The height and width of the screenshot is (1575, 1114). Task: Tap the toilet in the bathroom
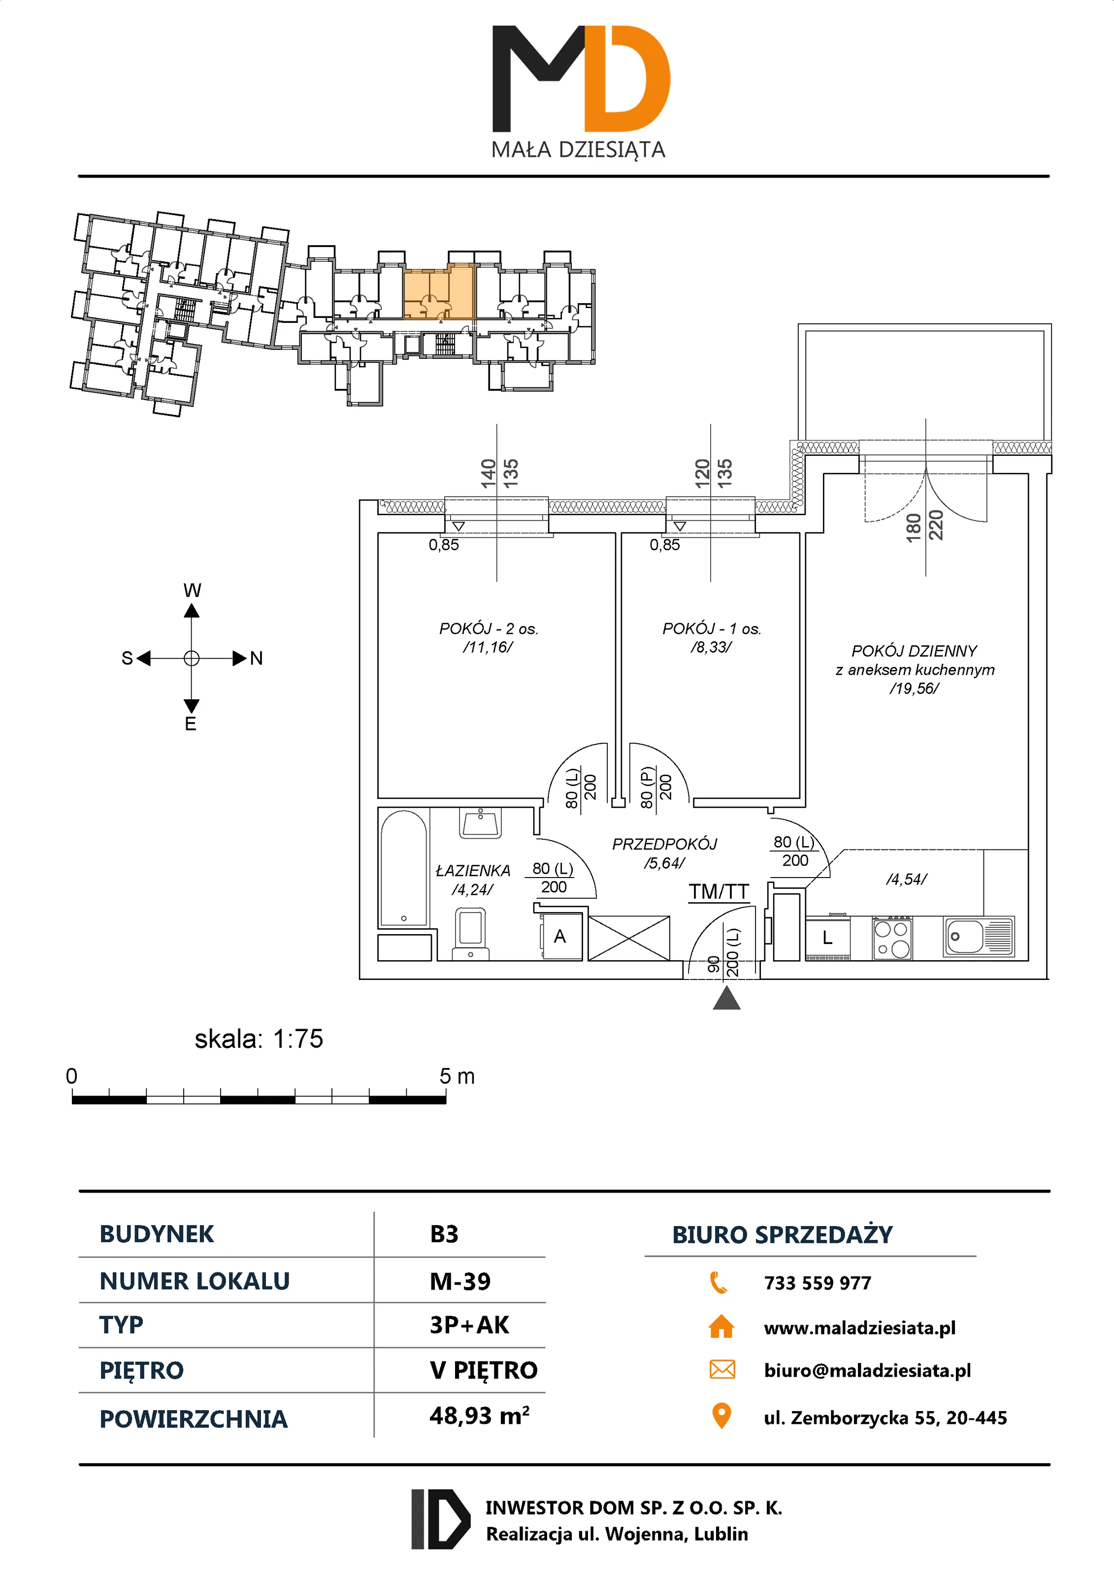pos(471,932)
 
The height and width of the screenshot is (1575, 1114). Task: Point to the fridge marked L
pos(828,938)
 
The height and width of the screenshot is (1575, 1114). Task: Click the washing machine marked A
pos(561,936)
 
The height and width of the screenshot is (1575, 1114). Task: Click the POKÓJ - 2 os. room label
pos(489,629)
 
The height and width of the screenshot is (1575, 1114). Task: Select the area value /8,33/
pos(711,647)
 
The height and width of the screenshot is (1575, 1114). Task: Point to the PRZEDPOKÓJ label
pos(664,844)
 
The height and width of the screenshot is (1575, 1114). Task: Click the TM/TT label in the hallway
pos(719,892)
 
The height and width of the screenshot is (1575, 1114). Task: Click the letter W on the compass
pos(192,590)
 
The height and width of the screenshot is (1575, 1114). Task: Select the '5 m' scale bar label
pos(457,1076)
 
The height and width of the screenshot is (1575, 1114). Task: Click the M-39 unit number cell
pos(460,1281)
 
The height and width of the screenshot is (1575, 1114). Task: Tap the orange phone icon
pos(719,1282)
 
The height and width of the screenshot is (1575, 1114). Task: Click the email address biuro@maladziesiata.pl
pos(867,1371)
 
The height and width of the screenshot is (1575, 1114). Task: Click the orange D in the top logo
pos(626,79)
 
